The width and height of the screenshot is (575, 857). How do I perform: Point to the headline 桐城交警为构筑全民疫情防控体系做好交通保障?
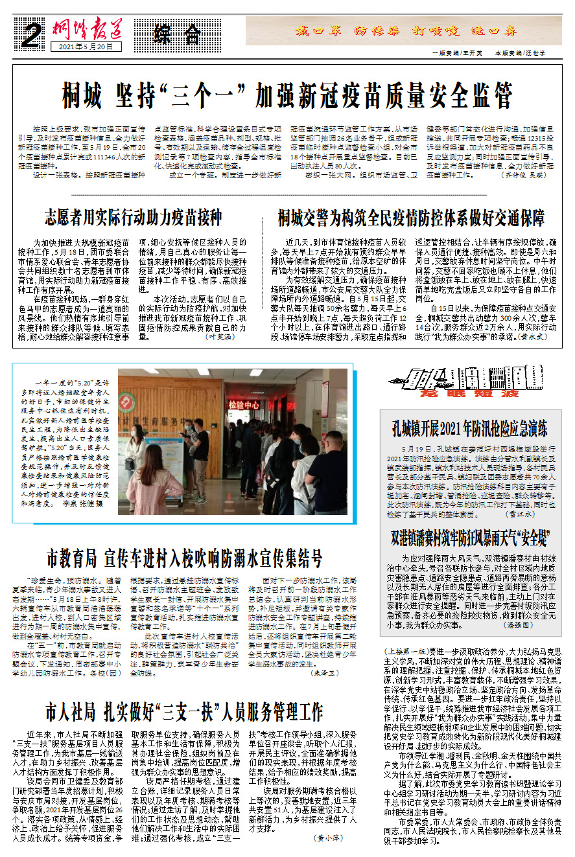pyautogui.click(x=411, y=218)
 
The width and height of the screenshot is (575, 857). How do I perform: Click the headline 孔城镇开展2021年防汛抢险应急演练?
pyautogui.click(x=470, y=428)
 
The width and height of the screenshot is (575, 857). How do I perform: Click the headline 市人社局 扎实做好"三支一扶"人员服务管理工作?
pyautogui.click(x=184, y=711)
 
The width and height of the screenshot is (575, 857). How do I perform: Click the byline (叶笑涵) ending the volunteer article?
pyautogui.click(x=219, y=337)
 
